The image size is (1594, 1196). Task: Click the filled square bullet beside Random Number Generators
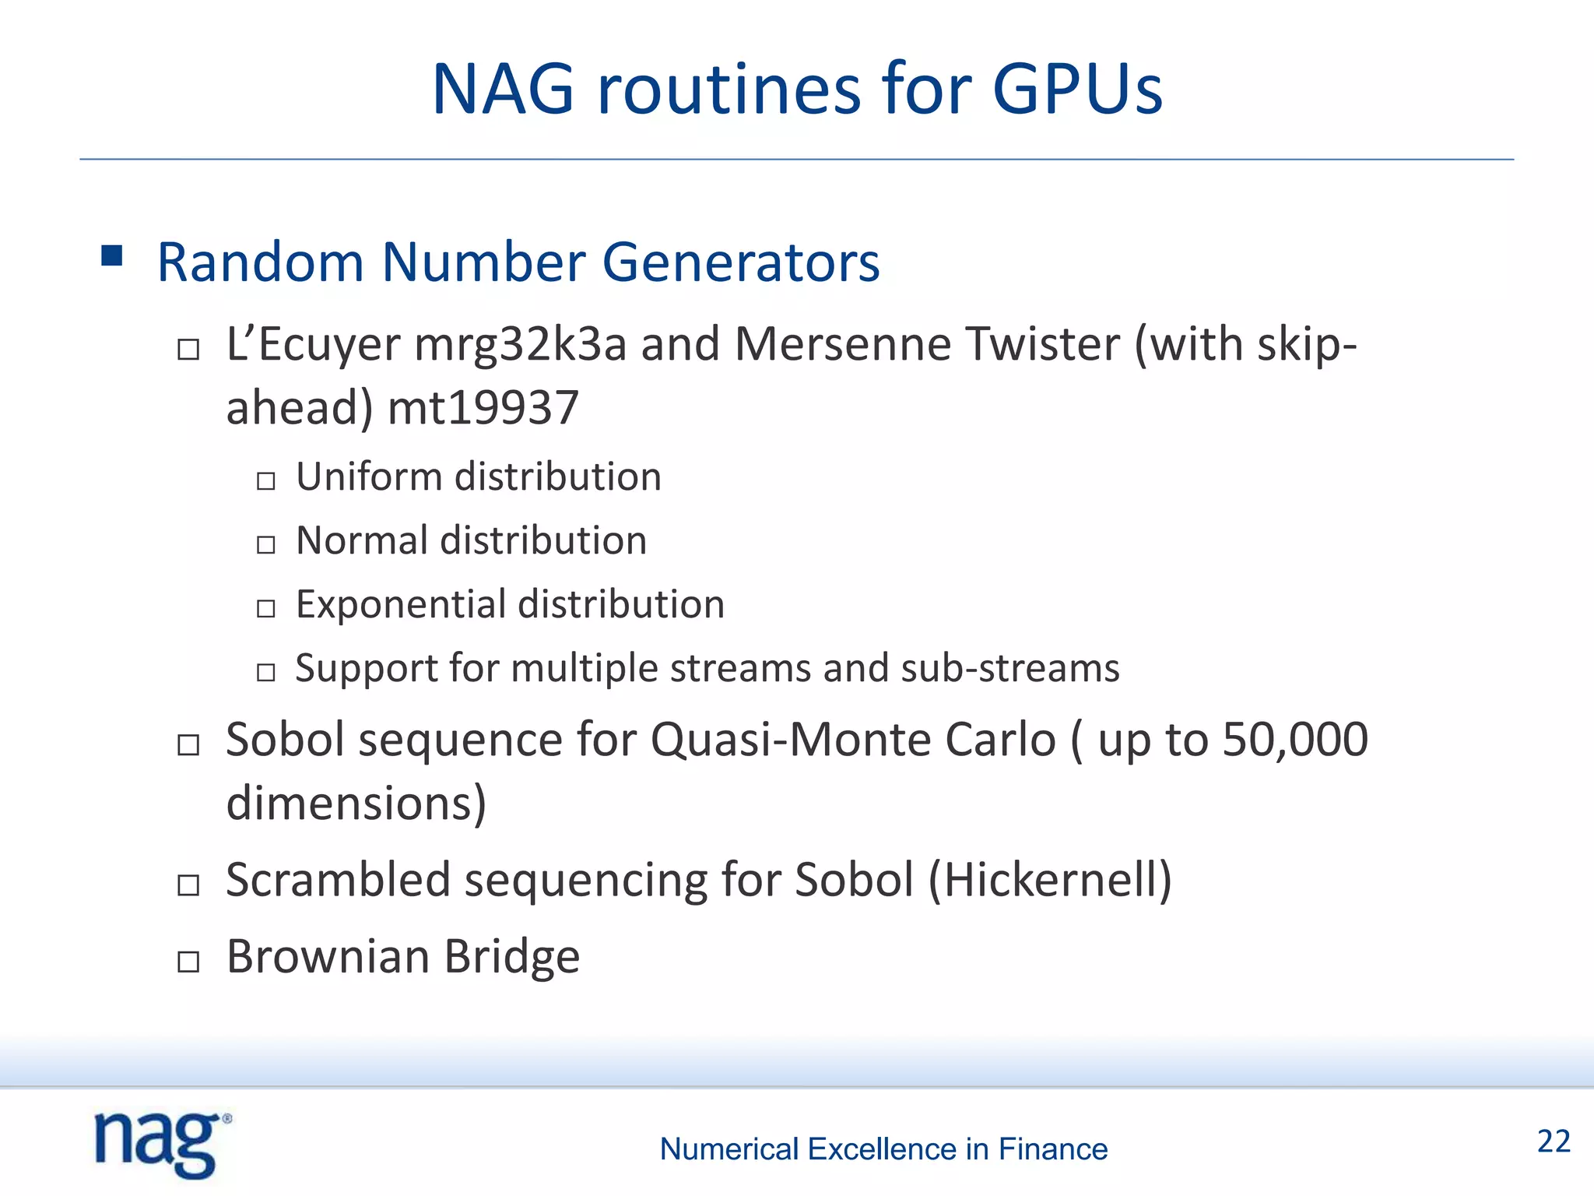(x=112, y=256)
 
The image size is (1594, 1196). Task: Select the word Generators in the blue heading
(x=740, y=262)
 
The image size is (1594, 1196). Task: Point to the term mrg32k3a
(x=520, y=344)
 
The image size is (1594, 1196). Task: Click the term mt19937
(x=483, y=408)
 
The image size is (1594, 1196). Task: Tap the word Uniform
(x=367, y=477)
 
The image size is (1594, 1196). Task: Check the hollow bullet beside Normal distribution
(x=266, y=544)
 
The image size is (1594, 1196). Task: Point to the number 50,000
(x=1294, y=739)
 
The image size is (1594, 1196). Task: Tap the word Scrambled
(x=338, y=880)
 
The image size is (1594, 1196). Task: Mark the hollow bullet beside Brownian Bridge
(x=188, y=962)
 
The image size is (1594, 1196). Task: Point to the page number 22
(x=1554, y=1141)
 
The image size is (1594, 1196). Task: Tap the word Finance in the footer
(x=1052, y=1149)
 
